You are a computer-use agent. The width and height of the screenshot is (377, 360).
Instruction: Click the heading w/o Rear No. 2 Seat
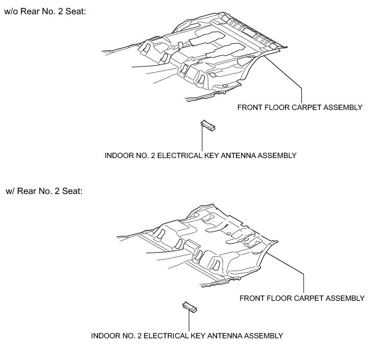coord(45,11)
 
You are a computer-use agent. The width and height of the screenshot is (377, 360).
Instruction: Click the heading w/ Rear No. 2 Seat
coord(44,190)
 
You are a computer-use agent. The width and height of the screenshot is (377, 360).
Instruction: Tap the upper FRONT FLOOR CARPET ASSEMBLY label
coord(299,107)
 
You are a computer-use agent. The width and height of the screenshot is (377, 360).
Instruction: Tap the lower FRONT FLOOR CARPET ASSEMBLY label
coord(302,298)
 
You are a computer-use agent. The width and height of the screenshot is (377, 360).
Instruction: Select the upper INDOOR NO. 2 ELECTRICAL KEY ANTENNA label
coord(200,155)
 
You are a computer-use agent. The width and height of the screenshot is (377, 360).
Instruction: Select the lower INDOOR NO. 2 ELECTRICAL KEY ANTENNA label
coord(187,335)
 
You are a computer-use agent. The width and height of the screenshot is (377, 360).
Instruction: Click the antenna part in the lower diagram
coord(189,306)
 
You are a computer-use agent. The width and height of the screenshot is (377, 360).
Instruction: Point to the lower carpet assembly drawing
coord(201,243)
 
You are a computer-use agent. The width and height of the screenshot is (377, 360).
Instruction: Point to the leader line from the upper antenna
coord(203,140)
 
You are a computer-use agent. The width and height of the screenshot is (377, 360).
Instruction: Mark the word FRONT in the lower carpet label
coord(253,298)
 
